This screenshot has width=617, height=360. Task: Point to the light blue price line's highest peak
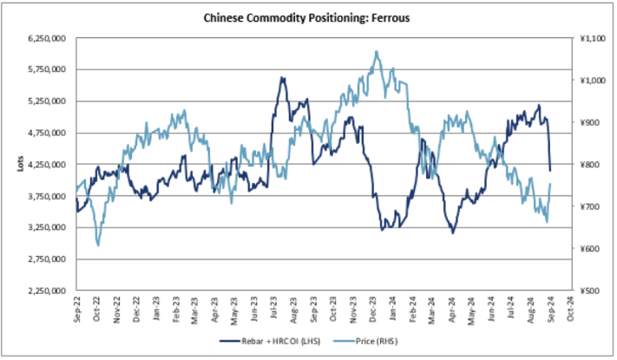tap(377, 52)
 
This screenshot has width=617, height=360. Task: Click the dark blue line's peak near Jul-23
tap(282, 78)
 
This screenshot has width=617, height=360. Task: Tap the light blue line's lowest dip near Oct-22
tap(97, 245)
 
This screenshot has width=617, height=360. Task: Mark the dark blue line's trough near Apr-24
tap(452, 232)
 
